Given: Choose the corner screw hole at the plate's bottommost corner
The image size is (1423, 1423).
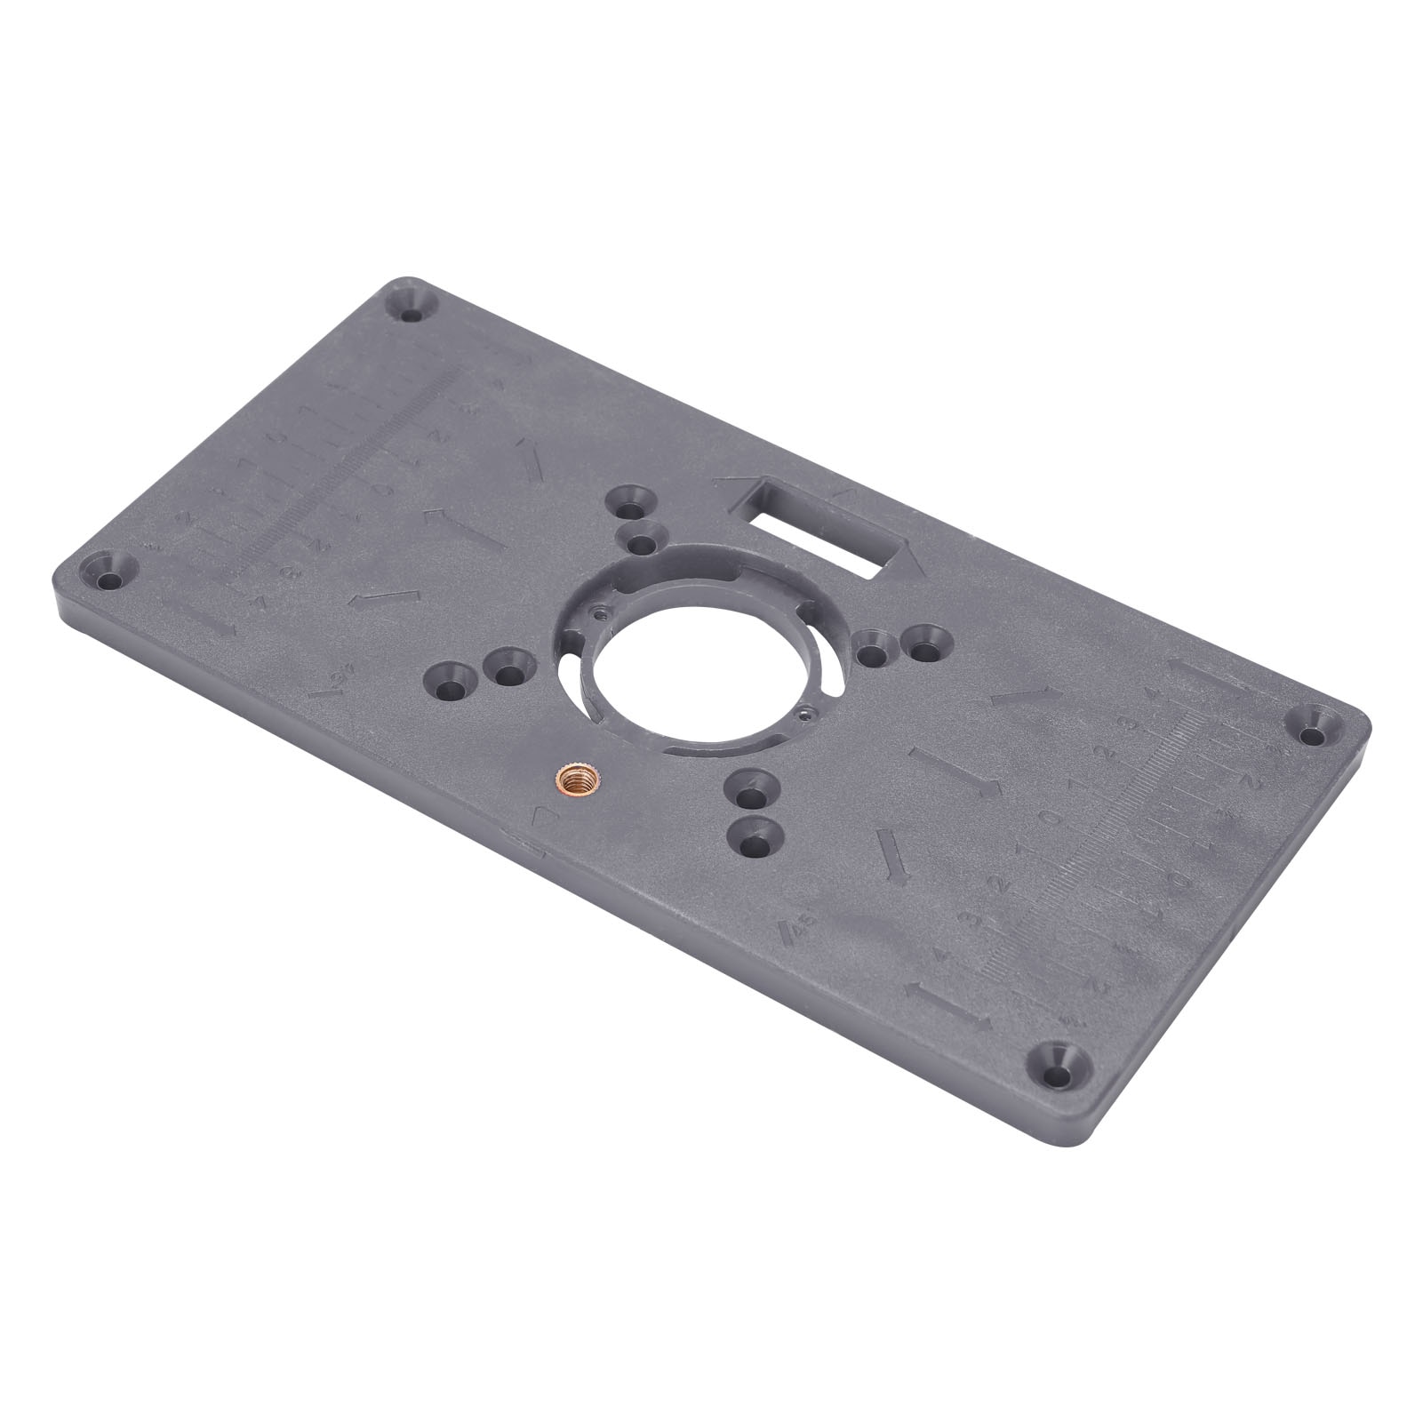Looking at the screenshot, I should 1054,1075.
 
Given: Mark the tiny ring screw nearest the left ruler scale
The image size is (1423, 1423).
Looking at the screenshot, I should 601,612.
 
